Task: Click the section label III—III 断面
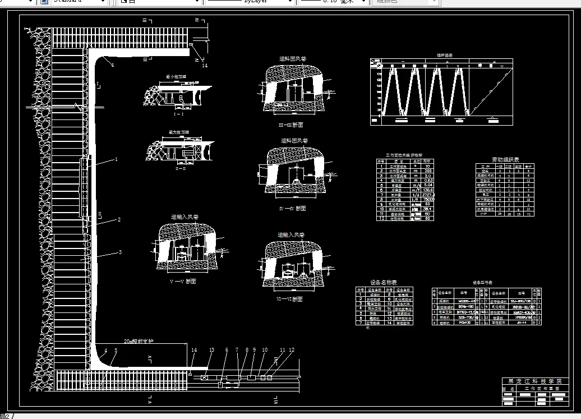[292, 125]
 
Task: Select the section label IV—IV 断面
[292, 209]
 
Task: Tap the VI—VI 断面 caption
[290, 300]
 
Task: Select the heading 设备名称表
[384, 283]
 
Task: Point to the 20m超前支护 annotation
[139, 340]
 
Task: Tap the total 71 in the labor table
[529, 214]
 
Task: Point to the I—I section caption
[179, 113]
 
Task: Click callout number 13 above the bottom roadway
[211, 350]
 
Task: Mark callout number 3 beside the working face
[119, 252]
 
